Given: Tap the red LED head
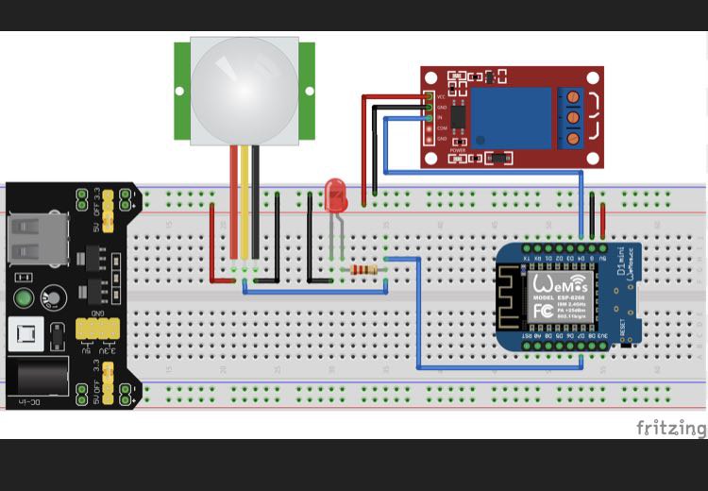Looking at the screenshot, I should coord(335,195).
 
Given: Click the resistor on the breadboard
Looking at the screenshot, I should coord(363,270).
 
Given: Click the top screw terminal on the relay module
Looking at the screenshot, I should coord(573,96).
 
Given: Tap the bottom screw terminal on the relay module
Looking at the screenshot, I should coord(573,140).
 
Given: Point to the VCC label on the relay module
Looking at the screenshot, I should coord(441,96).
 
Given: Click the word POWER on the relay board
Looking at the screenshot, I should coord(458,150).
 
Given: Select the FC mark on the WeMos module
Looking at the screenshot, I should coord(543,310).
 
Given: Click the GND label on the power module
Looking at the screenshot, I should coord(97,313).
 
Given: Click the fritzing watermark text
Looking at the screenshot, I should coord(670,428).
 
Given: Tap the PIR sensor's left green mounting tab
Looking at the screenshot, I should coord(182,91).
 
